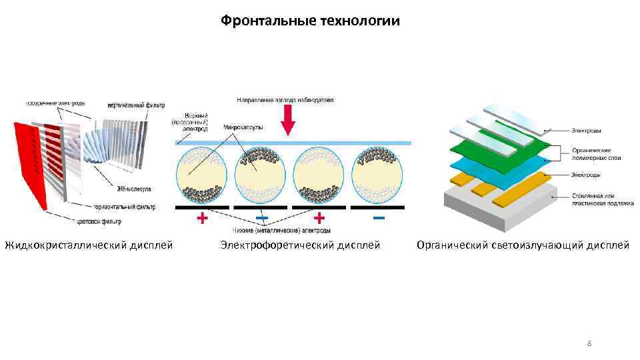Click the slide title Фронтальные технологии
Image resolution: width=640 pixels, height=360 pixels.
(x=311, y=21)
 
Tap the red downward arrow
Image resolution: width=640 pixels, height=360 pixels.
(x=288, y=119)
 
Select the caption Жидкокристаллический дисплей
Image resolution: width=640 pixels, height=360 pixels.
(x=89, y=245)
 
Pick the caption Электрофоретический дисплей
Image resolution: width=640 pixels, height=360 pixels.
(x=300, y=245)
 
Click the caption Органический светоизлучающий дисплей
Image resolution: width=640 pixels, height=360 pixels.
(x=523, y=245)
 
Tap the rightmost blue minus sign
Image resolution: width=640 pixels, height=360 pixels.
(x=379, y=218)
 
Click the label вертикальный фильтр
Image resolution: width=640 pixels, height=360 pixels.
(x=135, y=105)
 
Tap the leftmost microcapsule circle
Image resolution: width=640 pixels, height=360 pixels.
(x=201, y=175)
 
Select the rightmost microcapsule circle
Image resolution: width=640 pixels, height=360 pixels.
(x=379, y=175)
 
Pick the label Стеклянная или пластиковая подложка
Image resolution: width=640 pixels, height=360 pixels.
(x=602, y=199)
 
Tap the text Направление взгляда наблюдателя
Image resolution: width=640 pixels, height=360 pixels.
(x=285, y=100)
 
